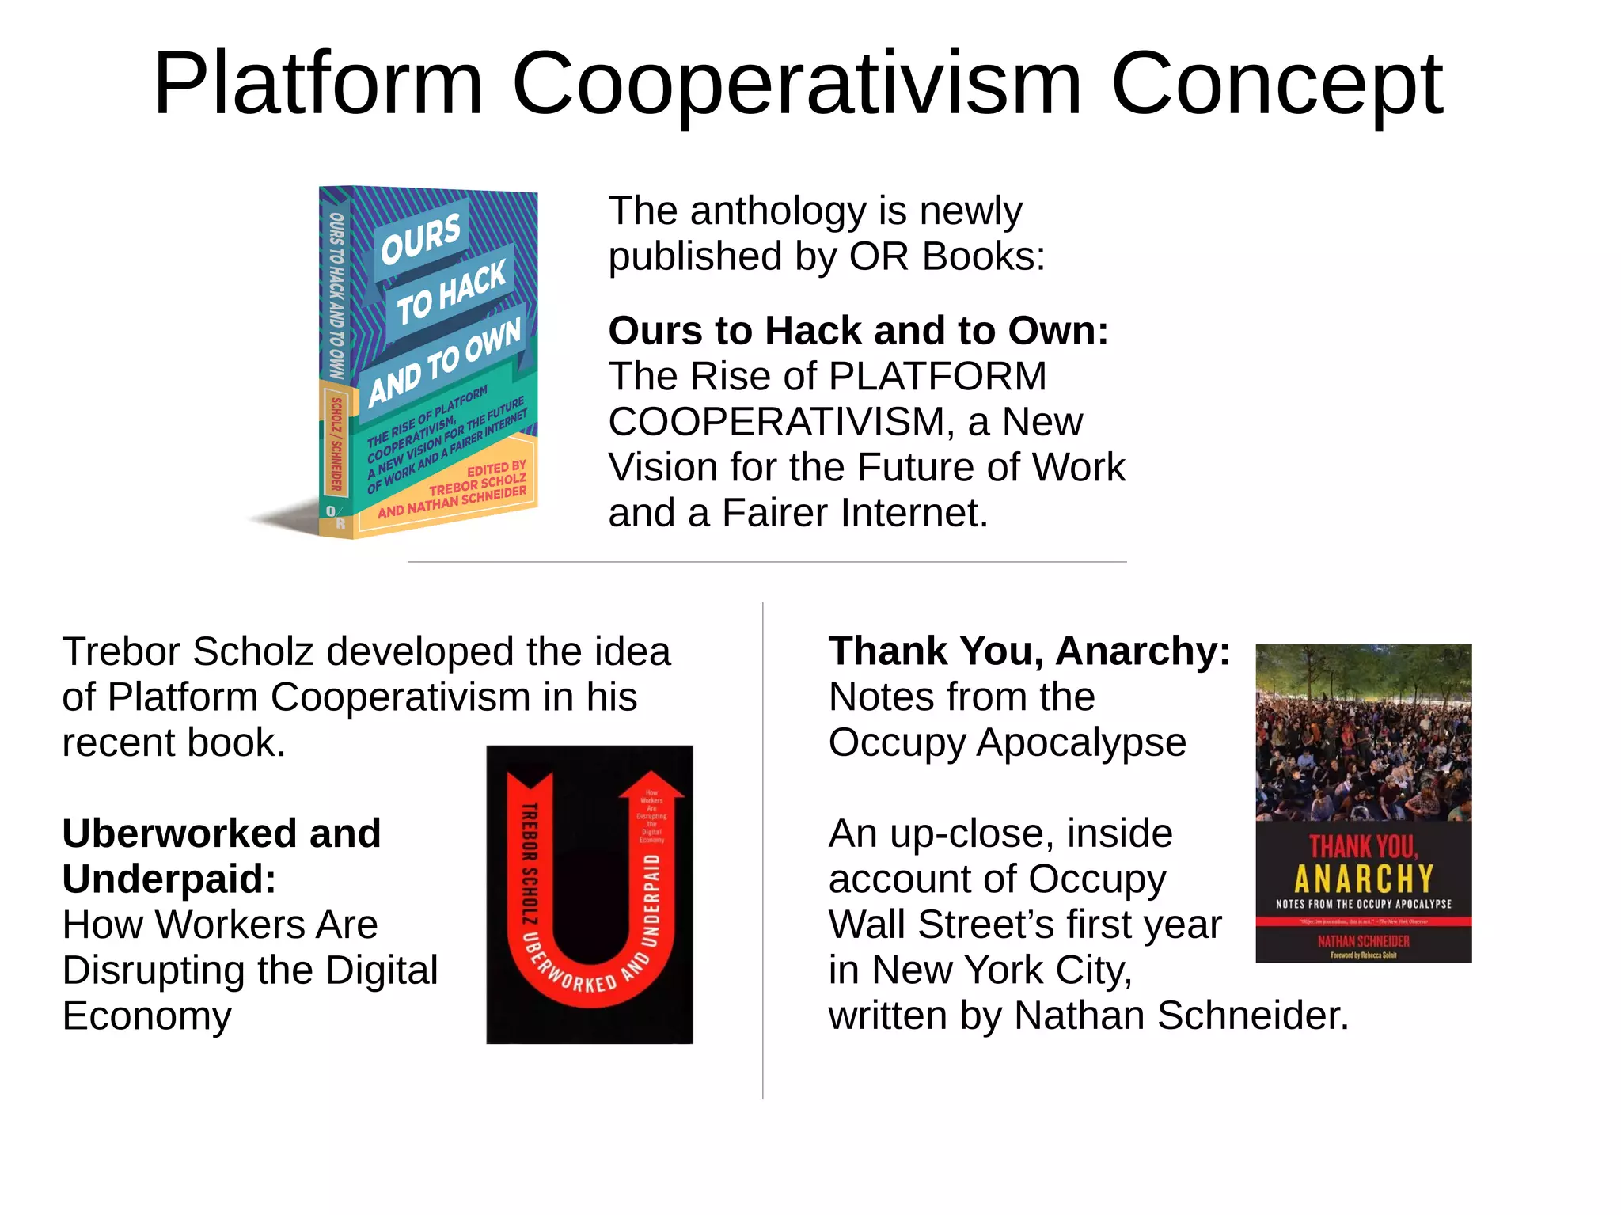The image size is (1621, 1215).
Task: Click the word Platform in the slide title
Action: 317,84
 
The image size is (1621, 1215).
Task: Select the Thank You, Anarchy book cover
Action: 1363,803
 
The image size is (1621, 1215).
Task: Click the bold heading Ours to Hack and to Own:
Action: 858,331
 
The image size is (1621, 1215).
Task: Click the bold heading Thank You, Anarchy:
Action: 1029,651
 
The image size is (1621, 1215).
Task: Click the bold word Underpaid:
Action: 169,879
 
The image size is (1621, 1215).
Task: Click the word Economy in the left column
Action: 147,1016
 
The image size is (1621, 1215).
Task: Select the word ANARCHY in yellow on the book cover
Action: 1363,879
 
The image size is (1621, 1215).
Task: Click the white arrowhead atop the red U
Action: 651,784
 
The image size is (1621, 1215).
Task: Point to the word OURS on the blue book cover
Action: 420,238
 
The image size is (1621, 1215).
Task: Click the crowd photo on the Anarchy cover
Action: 1363,732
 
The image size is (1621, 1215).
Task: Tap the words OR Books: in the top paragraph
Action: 947,257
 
